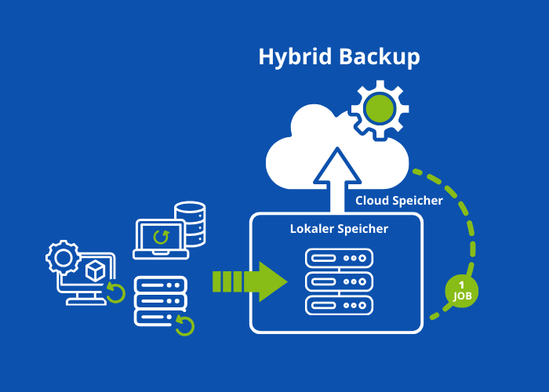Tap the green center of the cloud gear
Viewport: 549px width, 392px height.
pyautogui.click(x=380, y=109)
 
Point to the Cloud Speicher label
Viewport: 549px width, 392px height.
pyautogui.click(x=398, y=201)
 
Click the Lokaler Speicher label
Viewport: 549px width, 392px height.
pyautogui.click(x=339, y=229)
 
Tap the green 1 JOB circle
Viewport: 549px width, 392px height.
pyautogui.click(x=461, y=290)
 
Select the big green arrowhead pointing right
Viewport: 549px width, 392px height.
pyautogui.click(x=271, y=281)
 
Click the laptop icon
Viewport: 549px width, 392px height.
pyautogui.click(x=161, y=238)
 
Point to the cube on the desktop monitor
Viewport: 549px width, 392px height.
pyautogui.click(x=96, y=270)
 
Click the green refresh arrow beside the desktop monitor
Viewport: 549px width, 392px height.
pyautogui.click(x=116, y=292)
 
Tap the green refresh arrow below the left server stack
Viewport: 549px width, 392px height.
pyautogui.click(x=184, y=325)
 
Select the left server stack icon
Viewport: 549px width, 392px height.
pyautogui.click(x=160, y=300)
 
